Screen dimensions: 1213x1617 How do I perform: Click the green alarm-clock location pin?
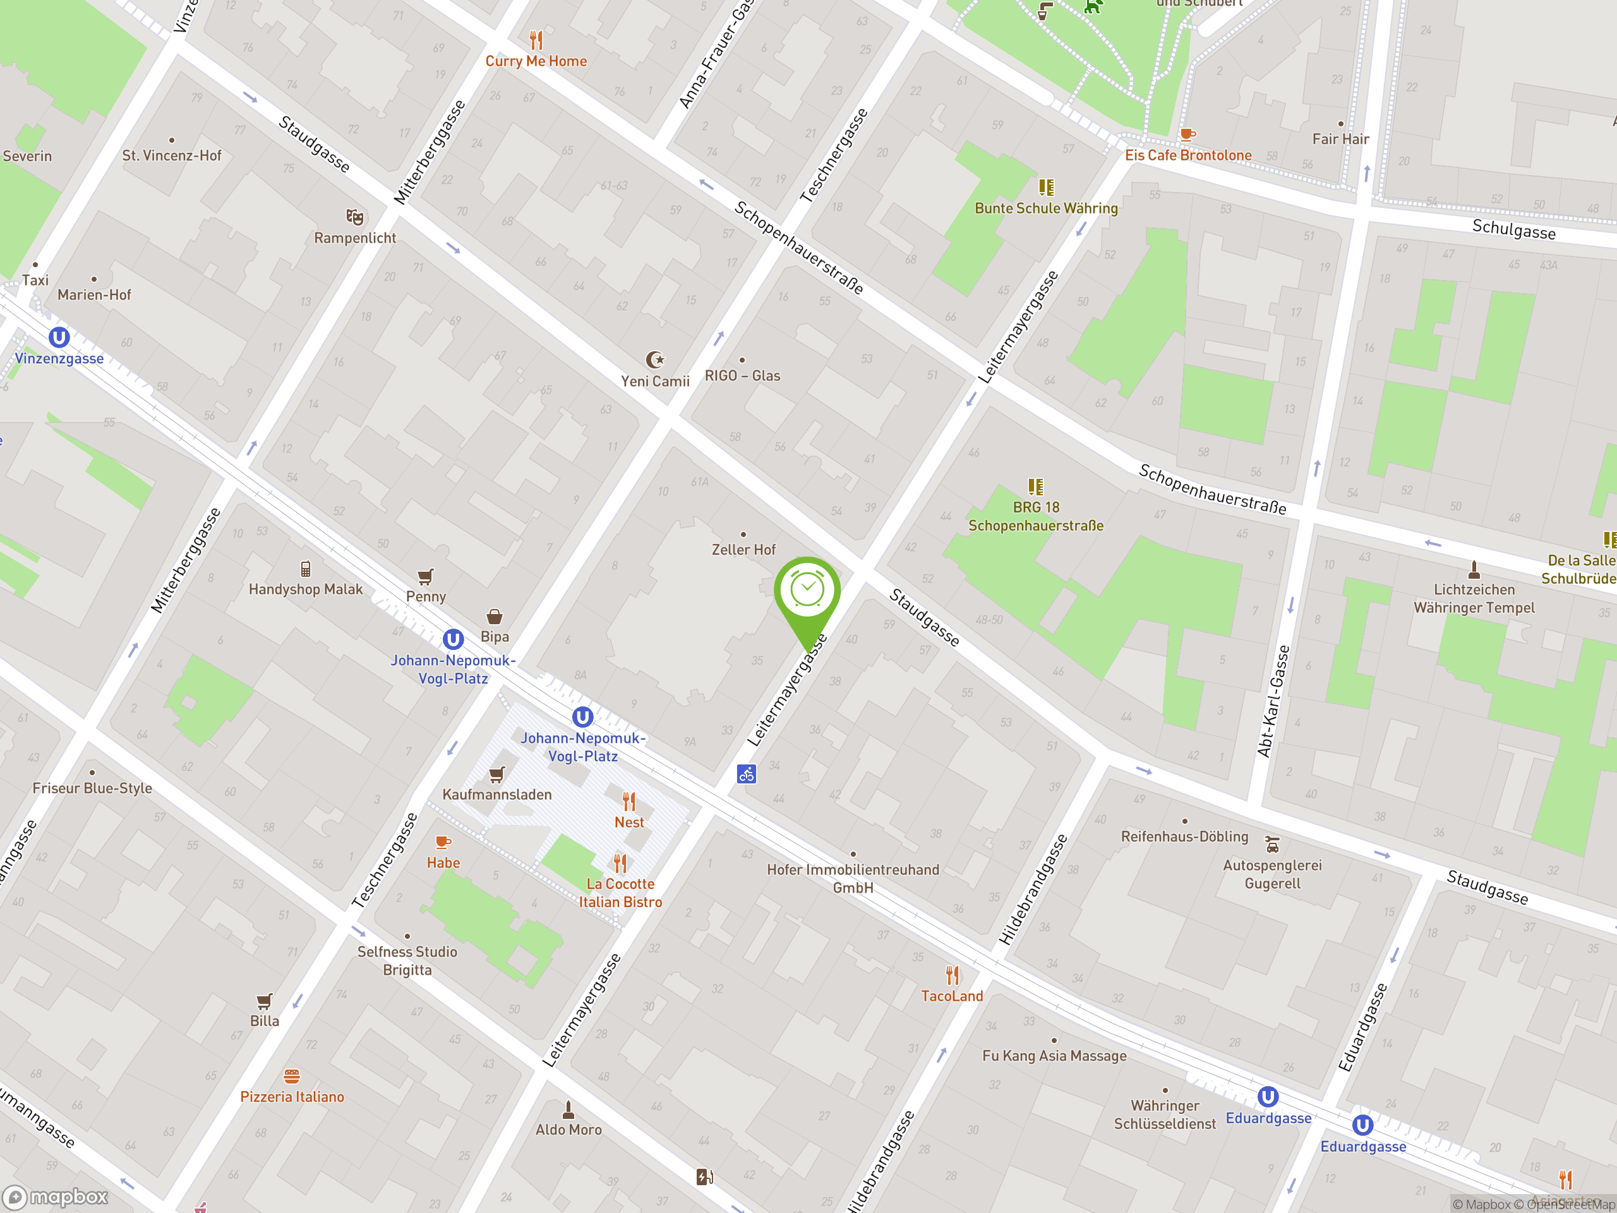click(x=807, y=591)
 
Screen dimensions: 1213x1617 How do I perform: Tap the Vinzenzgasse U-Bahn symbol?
click(x=59, y=338)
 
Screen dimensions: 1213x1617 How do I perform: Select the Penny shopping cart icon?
click(x=426, y=577)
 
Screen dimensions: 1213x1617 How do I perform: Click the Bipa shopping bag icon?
click(x=494, y=617)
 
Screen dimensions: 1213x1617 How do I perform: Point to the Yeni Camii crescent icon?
click(x=655, y=359)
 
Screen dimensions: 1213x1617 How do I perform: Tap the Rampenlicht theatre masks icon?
click(x=354, y=217)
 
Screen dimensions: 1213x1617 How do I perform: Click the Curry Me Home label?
click(x=536, y=61)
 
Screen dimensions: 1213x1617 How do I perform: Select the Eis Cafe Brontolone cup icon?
click(x=1187, y=135)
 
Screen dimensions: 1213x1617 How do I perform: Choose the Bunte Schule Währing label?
click(x=1046, y=208)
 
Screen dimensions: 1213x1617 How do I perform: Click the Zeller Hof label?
click(x=743, y=550)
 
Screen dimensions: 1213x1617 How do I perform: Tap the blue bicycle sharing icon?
click(x=747, y=773)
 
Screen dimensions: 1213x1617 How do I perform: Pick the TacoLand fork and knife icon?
click(x=952, y=975)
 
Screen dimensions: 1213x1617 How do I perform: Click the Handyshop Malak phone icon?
click(x=306, y=569)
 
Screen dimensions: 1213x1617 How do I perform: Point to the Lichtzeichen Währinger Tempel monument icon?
click(x=1474, y=569)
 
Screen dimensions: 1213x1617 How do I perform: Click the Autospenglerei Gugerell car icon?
click(x=1272, y=845)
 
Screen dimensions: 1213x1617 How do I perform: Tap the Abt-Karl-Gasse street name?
click(x=1273, y=701)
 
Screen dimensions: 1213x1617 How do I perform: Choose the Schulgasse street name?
click(x=1513, y=229)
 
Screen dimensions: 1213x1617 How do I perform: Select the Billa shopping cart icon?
click(x=265, y=1001)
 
